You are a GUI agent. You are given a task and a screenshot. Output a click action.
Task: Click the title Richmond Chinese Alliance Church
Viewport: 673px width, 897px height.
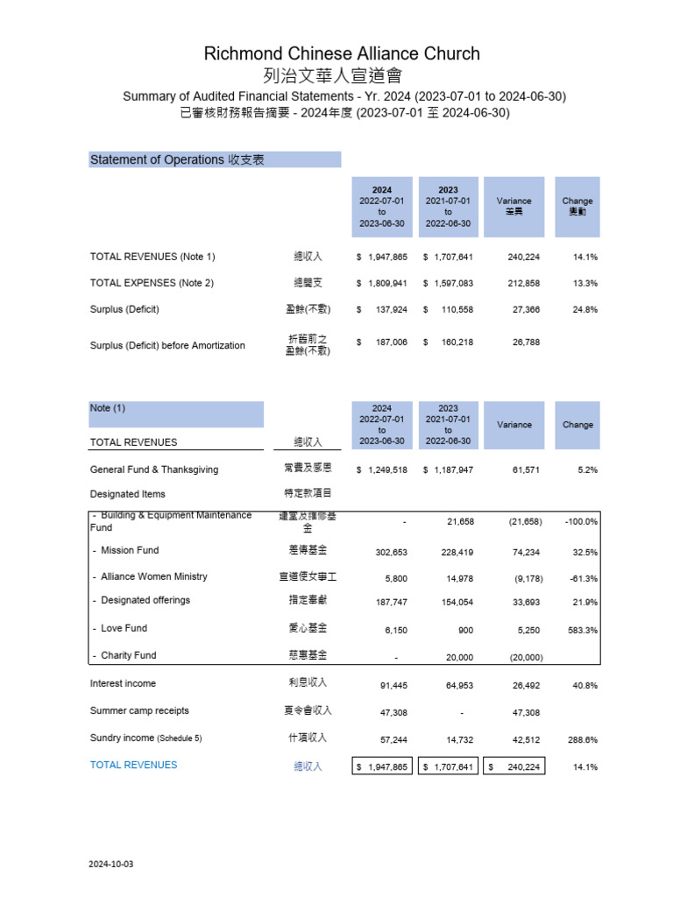point(342,53)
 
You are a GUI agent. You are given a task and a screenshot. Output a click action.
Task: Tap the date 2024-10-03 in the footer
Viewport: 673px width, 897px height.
point(111,864)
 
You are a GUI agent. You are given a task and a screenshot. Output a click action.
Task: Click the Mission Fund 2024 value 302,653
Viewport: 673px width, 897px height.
point(386,553)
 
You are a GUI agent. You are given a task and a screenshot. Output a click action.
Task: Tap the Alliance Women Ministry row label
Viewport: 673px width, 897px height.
point(150,576)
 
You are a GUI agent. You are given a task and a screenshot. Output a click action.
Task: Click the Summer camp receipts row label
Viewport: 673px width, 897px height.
point(139,710)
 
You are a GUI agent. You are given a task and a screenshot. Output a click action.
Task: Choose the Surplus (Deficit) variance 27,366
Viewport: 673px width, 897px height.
point(524,310)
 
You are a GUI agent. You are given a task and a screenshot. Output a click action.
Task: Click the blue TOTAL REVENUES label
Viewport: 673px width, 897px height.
point(133,765)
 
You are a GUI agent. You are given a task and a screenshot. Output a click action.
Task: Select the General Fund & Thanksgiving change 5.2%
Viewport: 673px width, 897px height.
point(587,470)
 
